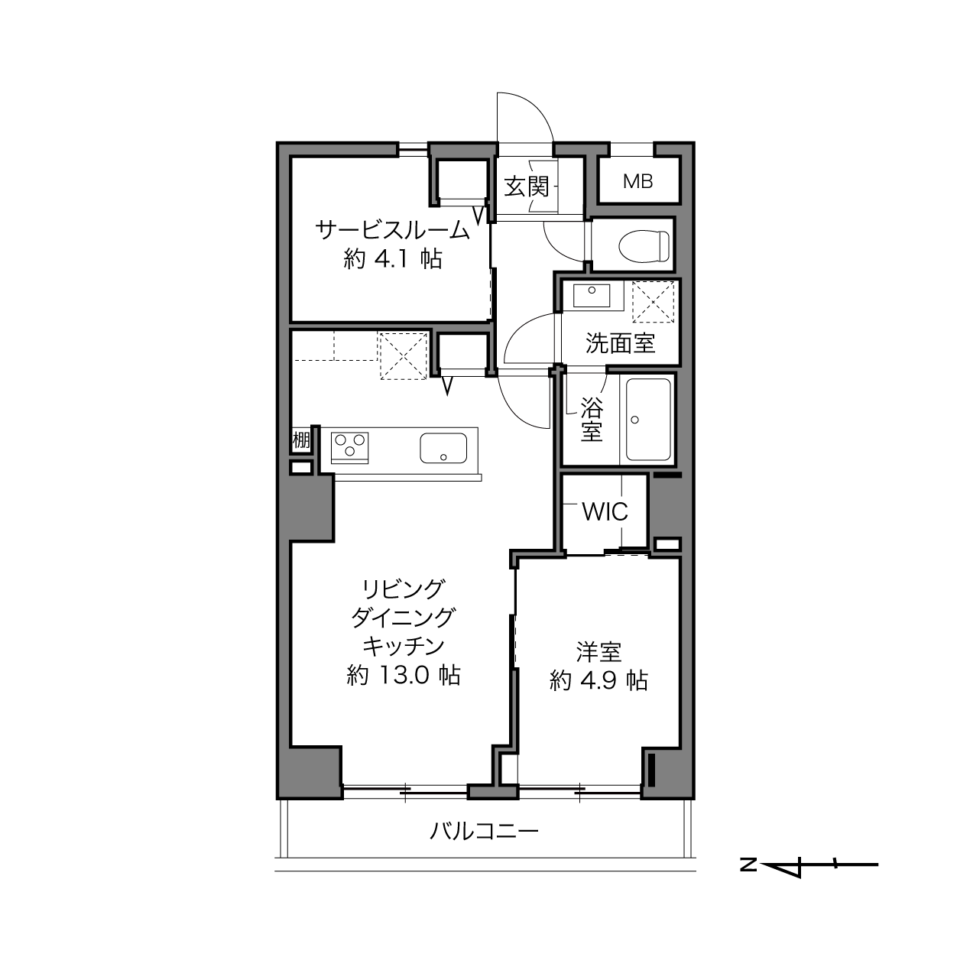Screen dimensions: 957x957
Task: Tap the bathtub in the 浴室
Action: pos(648,420)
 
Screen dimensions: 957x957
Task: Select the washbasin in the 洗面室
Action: pos(592,296)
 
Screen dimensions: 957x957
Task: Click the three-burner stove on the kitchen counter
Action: pos(349,447)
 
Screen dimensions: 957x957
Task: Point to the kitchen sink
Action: pos(443,447)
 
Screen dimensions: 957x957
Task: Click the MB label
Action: pos(637,182)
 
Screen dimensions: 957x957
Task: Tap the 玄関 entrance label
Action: pos(527,187)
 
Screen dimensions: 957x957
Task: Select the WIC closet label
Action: pos(605,511)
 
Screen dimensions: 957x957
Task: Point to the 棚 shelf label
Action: pos(301,440)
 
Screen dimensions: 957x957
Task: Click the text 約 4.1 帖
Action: pos(392,259)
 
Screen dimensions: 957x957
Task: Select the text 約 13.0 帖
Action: pos(403,676)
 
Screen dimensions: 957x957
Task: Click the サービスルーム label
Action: pos(392,230)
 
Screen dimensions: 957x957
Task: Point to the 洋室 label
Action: pos(599,652)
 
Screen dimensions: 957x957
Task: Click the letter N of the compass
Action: pos(748,865)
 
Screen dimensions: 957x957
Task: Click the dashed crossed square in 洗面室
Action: pos(653,302)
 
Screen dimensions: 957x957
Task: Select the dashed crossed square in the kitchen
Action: pos(404,356)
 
